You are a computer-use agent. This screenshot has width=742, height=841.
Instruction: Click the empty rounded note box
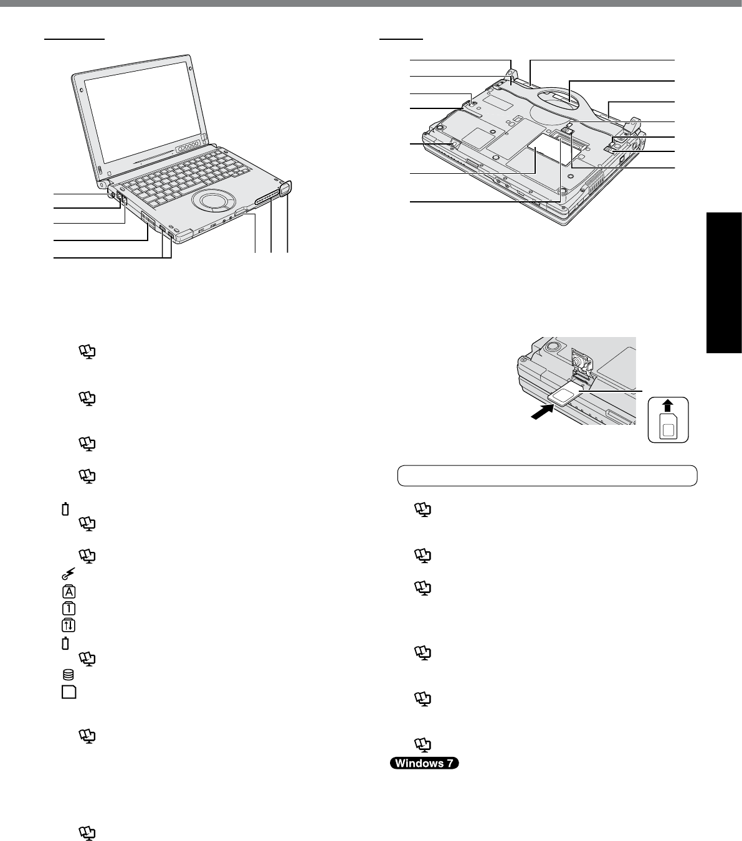coord(547,476)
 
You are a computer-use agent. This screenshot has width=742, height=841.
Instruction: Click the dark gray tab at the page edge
coord(724,283)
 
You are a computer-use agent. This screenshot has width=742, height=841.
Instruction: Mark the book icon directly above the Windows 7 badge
coord(423,743)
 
